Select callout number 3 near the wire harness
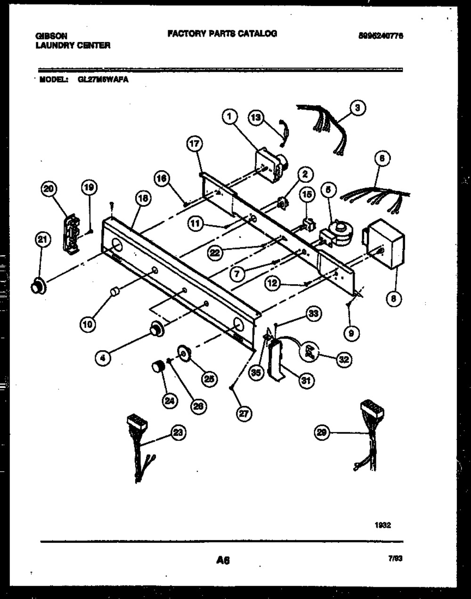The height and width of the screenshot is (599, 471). pyautogui.click(x=357, y=108)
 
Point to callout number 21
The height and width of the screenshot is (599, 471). pyautogui.click(x=42, y=240)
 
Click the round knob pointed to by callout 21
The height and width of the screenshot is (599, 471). pyautogui.click(x=37, y=286)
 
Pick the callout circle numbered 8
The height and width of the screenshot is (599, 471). pyautogui.click(x=394, y=298)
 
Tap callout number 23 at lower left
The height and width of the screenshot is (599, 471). pyautogui.click(x=178, y=433)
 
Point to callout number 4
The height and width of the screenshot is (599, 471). pyautogui.click(x=103, y=358)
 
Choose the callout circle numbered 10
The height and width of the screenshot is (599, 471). pyautogui.click(x=88, y=323)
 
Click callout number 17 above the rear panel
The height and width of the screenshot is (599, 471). pyautogui.click(x=195, y=146)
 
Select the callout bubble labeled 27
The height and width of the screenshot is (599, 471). pyautogui.click(x=244, y=413)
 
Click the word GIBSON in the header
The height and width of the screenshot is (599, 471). pyautogui.click(x=51, y=36)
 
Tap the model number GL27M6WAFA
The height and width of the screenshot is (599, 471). pyautogui.click(x=103, y=80)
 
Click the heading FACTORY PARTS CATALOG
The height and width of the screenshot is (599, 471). pyautogui.click(x=222, y=33)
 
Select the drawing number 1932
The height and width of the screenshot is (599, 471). pyautogui.click(x=382, y=525)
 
